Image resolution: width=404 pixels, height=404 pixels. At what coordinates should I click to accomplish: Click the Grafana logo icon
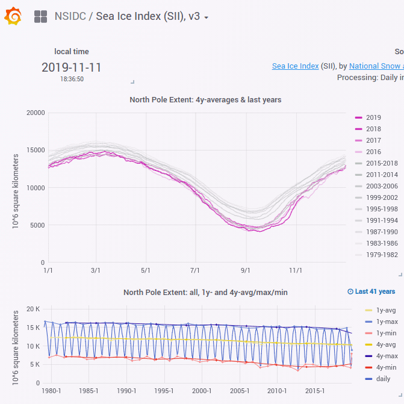pos(13,17)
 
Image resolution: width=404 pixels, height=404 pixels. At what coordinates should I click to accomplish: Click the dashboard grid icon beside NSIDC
pos(40,17)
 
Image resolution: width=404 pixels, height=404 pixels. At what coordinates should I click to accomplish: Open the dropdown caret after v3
pos(207,17)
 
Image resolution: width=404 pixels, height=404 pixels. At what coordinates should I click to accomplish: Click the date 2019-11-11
pos(71,67)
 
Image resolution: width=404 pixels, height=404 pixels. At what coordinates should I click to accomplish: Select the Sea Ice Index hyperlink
pos(295,66)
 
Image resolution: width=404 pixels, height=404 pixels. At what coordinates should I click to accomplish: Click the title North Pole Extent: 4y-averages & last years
pos(205,99)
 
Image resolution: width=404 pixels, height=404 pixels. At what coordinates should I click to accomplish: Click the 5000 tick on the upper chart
pos(37,225)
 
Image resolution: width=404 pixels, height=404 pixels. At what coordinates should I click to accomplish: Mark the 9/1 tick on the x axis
pos(245,270)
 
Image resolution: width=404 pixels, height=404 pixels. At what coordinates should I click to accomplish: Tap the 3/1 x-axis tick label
pos(96,270)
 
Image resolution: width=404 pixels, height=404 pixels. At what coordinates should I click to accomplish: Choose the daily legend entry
pos(378,379)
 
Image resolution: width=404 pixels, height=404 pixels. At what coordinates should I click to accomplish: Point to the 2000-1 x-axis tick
pos(202,391)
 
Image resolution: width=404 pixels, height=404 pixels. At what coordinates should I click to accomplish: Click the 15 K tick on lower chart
pos(33,328)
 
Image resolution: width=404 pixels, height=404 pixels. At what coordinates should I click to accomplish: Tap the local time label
pos(71,52)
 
